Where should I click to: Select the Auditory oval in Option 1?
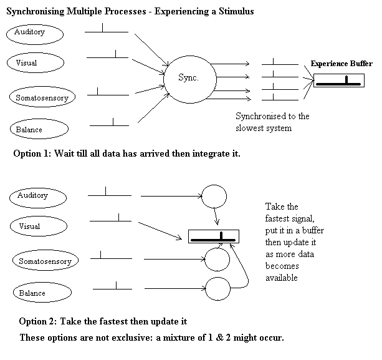(x=36, y=33)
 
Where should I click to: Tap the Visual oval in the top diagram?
(x=36, y=62)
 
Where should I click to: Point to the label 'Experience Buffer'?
(x=341, y=64)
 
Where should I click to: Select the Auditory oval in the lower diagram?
(x=38, y=196)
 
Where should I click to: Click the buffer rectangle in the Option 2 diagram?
(x=213, y=237)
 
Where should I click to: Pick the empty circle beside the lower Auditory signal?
(x=215, y=197)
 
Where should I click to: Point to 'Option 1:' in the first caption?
(x=31, y=153)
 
